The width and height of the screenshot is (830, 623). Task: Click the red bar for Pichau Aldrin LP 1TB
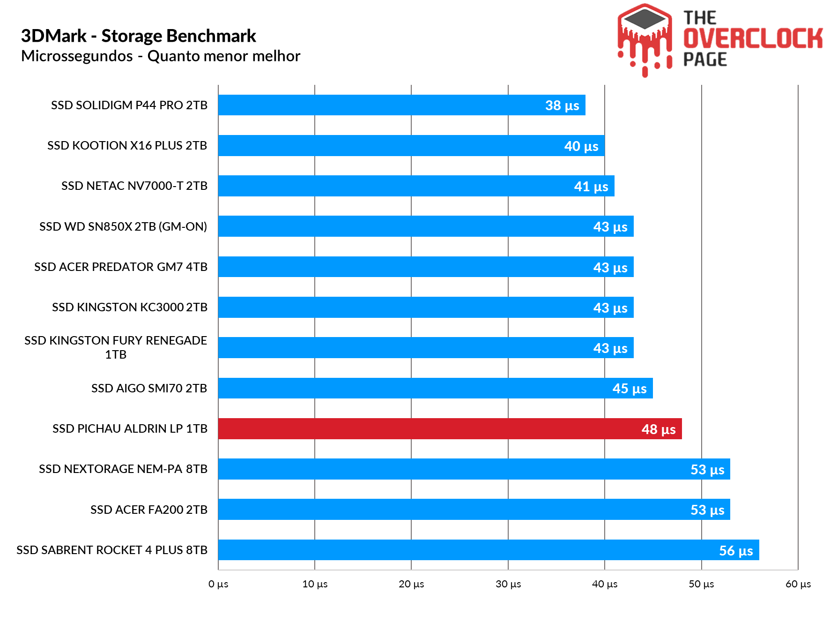click(450, 428)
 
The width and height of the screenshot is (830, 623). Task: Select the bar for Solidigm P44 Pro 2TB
click(401, 105)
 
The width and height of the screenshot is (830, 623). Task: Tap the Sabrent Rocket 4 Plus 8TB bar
click(488, 550)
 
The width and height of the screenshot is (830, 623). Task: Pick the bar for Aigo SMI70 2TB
click(435, 388)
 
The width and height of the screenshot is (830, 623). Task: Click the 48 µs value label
click(658, 429)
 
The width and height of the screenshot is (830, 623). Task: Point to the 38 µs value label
click(562, 105)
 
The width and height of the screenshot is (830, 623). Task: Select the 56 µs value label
click(736, 551)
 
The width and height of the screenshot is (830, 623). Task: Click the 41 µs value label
click(591, 187)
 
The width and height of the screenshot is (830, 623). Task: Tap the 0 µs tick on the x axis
click(218, 584)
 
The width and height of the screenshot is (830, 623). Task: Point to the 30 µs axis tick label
click(508, 584)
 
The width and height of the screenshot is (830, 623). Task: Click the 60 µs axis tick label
click(798, 584)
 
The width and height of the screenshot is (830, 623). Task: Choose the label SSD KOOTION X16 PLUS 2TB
click(127, 145)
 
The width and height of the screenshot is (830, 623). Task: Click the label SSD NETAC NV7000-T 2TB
click(134, 186)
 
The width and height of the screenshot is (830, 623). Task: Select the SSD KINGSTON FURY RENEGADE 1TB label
click(116, 347)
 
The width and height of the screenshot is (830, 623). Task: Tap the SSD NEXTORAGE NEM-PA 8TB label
click(123, 469)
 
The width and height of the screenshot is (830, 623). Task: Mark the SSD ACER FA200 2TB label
click(148, 510)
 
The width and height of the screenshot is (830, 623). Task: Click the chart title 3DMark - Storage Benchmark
click(139, 36)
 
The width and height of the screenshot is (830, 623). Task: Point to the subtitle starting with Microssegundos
click(161, 56)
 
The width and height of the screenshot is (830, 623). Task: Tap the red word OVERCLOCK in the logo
click(753, 38)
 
